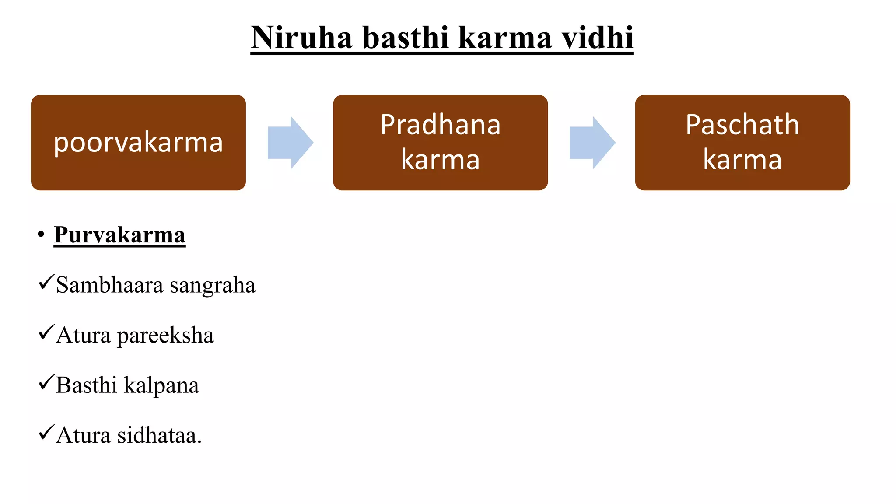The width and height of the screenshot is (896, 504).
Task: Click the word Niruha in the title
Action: tap(301, 38)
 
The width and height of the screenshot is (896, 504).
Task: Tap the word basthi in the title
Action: tap(406, 38)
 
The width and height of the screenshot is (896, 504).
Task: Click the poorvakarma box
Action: tap(138, 143)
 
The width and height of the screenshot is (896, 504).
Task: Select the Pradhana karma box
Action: tap(440, 143)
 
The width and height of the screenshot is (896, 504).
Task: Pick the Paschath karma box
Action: tap(742, 143)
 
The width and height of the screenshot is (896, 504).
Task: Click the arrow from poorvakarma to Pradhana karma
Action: tap(290, 143)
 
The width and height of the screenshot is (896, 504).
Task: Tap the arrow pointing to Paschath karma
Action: tap(592, 143)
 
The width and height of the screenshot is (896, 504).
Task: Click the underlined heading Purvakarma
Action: tap(119, 235)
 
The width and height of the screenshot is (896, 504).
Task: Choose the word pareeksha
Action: tap(165, 336)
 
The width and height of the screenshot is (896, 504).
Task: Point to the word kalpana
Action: tap(161, 386)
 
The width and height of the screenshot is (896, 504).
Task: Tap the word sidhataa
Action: tap(159, 436)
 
